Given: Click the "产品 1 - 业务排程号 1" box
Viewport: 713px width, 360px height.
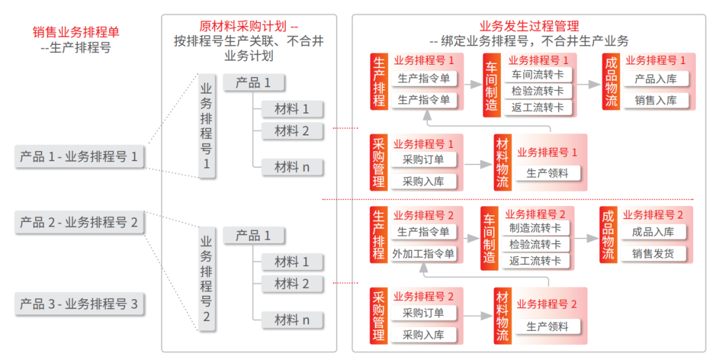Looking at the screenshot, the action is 80,157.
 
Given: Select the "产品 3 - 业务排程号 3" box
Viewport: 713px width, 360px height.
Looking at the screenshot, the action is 80,304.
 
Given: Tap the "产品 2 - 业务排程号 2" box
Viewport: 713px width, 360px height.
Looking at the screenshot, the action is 80,222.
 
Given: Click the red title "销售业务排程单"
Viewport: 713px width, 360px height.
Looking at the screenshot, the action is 76,32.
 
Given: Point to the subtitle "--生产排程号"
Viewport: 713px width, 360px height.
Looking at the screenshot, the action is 76,48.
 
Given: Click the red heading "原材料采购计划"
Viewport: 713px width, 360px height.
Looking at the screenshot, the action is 243,26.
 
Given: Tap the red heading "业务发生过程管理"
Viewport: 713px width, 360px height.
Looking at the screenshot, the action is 529,26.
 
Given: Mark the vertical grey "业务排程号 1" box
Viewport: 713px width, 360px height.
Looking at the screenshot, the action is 207,126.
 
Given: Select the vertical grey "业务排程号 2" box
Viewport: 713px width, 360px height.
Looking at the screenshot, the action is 207,279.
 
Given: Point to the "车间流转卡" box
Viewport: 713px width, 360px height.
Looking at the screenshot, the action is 537,75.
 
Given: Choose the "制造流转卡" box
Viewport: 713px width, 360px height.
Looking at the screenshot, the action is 535,228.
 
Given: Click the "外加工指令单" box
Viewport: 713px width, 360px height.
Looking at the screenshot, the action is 423,254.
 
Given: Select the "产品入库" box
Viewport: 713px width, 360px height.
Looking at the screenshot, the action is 656,79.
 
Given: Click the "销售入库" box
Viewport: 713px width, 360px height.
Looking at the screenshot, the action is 656,100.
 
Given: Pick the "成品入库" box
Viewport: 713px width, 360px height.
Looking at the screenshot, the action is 652,232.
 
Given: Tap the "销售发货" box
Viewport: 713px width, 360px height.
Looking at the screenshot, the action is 652,254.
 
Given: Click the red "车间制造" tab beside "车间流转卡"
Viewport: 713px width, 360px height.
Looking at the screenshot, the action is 491,85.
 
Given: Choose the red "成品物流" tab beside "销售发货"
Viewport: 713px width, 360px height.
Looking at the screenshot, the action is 608,235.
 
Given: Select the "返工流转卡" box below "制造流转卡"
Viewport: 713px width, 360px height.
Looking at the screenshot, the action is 535,261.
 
